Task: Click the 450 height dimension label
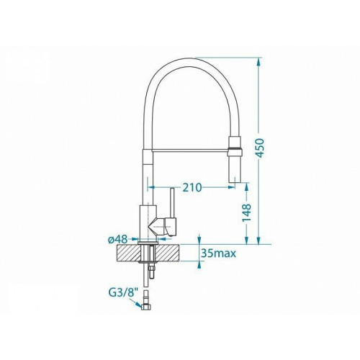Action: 261,148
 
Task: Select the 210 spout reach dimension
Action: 192,187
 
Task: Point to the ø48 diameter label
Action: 117,239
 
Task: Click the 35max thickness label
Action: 219,253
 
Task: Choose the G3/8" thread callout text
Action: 124,292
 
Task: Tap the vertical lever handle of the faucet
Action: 172,202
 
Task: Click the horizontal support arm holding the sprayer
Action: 191,150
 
